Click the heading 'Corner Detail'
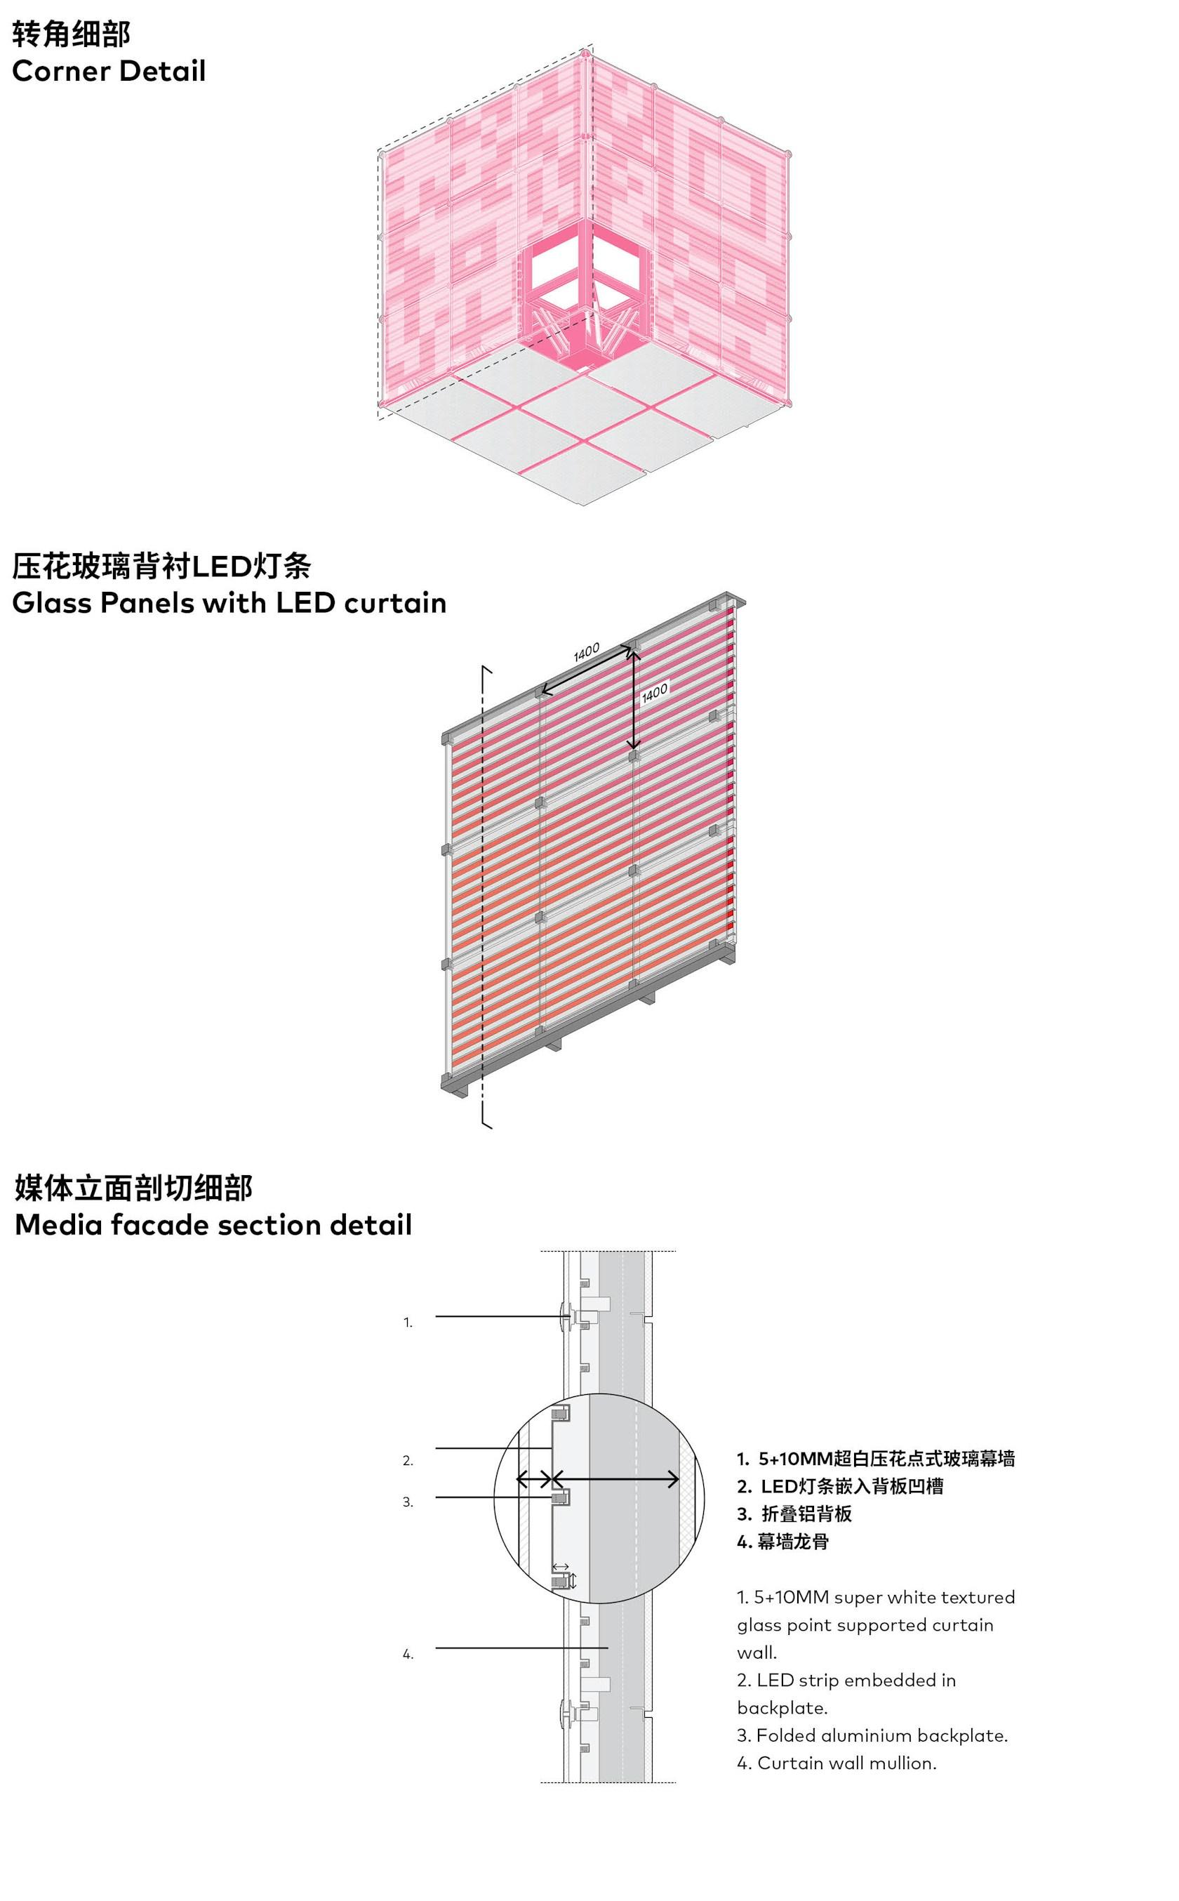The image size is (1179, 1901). [x=109, y=71]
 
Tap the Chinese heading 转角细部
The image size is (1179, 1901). [x=71, y=34]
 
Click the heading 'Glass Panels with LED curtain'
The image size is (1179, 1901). [x=229, y=603]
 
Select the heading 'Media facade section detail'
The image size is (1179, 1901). [x=213, y=1225]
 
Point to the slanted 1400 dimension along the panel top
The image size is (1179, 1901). [x=587, y=652]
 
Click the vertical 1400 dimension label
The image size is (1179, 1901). [x=654, y=693]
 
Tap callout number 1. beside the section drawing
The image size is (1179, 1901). [x=408, y=1323]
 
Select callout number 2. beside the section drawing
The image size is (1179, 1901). [x=408, y=1460]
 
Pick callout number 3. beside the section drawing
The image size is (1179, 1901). [x=408, y=1502]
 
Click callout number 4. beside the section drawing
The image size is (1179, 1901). [x=408, y=1654]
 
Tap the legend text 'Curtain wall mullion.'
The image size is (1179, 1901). [x=847, y=1763]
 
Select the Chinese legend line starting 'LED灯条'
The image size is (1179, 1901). [x=852, y=1485]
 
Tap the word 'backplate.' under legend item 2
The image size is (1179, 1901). [x=782, y=1708]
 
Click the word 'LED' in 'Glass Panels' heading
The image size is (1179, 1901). [x=302, y=603]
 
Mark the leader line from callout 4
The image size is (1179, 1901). [x=521, y=1648]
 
